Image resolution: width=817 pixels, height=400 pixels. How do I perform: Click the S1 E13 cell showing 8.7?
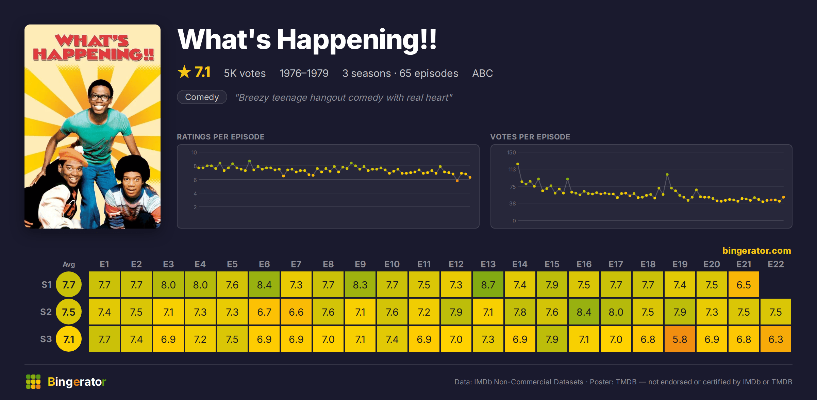tap(488, 285)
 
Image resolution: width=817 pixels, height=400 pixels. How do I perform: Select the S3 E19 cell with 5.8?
tap(680, 339)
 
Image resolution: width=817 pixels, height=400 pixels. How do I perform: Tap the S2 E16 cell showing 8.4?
tap(584, 312)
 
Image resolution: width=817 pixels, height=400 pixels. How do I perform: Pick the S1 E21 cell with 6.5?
tap(744, 285)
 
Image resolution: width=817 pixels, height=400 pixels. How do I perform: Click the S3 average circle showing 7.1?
tap(69, 339)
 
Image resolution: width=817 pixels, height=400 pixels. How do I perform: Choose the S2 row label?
tap(46, 312)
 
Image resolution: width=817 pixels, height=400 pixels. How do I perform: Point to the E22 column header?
tap(776, 264)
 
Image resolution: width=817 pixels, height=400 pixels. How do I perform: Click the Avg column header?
tap(69, 264)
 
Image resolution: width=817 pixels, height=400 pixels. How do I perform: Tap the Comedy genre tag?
tap(202, 97)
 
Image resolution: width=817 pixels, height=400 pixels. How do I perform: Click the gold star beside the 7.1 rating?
tap(184, 72)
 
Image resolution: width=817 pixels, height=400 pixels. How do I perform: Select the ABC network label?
tap(482, 73)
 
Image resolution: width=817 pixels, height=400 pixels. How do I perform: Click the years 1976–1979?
tap(304, 73)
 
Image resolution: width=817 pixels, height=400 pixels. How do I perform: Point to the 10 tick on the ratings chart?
tap(194, 152)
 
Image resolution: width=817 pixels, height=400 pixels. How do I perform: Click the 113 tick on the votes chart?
tap(512, 169)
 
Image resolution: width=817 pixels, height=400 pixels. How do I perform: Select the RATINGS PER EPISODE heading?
tap(220, 137)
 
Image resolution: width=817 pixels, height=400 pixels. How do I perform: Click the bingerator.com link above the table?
tap(757, 251)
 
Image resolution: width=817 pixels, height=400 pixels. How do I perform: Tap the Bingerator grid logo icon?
tap(33, 382)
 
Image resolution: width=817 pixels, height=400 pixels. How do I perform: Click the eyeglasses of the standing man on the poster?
tap(100, 97)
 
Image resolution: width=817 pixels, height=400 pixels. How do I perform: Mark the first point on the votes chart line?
tap(518, 164)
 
